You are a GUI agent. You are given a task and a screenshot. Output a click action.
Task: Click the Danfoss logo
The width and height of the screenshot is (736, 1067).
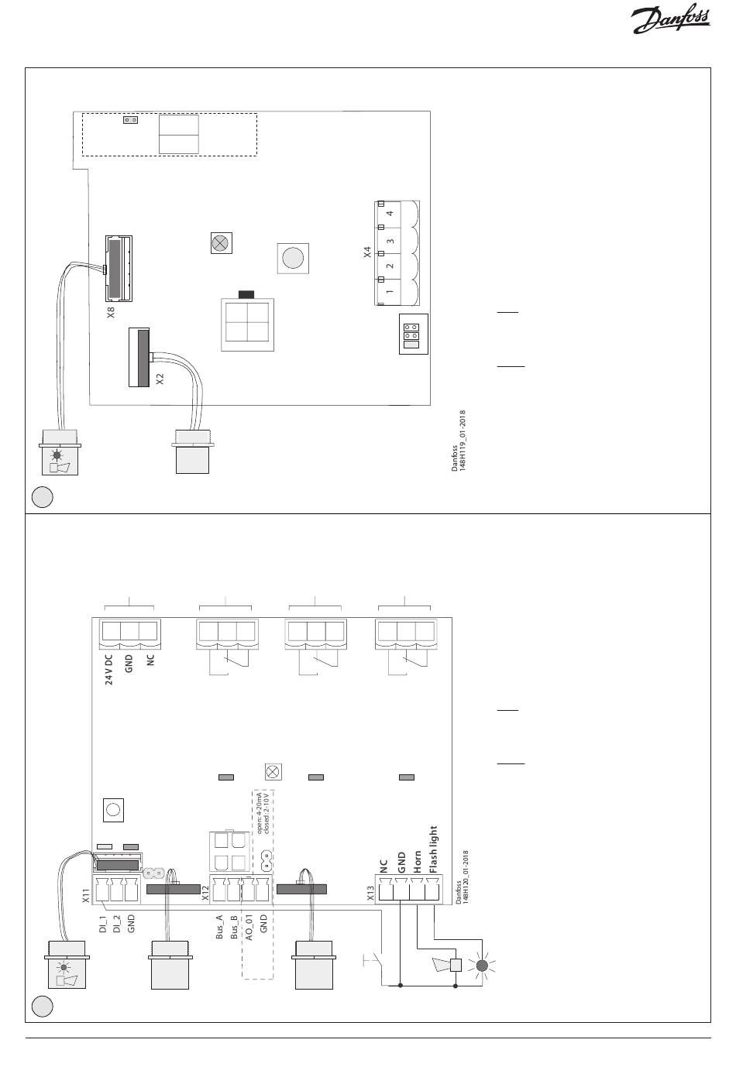[670, 21]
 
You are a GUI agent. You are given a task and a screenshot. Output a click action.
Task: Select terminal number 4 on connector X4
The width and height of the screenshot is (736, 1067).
[390, 213]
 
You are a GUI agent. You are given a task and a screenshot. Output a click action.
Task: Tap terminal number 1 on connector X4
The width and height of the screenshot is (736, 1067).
[390, 291]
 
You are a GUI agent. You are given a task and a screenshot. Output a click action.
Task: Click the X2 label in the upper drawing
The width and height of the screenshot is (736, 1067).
[160, 379]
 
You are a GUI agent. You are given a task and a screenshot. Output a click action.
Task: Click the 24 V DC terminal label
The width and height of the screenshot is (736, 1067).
[109, 669]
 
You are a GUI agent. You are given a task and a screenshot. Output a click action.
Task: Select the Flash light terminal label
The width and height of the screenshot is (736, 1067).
[433, 849]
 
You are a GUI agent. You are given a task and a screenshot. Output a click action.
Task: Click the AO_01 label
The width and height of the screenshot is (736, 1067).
[249, 928]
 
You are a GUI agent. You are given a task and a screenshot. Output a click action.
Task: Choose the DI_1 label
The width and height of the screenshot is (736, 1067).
[102, 924]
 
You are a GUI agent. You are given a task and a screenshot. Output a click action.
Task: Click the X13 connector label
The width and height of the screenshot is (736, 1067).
[371, 895]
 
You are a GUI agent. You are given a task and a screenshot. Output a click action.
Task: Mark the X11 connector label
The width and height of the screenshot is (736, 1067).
[86, 897]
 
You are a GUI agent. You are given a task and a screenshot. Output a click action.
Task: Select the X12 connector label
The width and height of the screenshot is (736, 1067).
[205, 895]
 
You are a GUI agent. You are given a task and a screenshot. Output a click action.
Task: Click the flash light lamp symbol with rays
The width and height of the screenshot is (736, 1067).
[482, 966]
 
